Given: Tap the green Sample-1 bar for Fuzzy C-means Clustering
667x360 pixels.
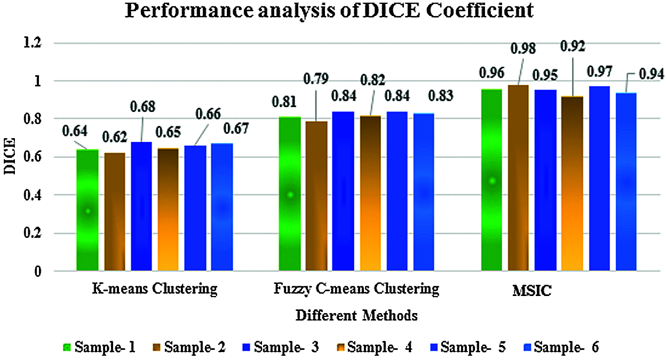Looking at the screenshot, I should tap(290, 195).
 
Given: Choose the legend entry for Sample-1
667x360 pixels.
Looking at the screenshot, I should tap(100, 347).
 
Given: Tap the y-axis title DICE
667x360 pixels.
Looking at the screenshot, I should tap(11, 157).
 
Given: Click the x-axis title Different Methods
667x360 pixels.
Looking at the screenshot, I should tap(356, 315).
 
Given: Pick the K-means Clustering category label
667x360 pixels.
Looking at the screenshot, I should tap(155, 290).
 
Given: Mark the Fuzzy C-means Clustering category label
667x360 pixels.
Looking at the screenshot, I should tap(356, 290).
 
